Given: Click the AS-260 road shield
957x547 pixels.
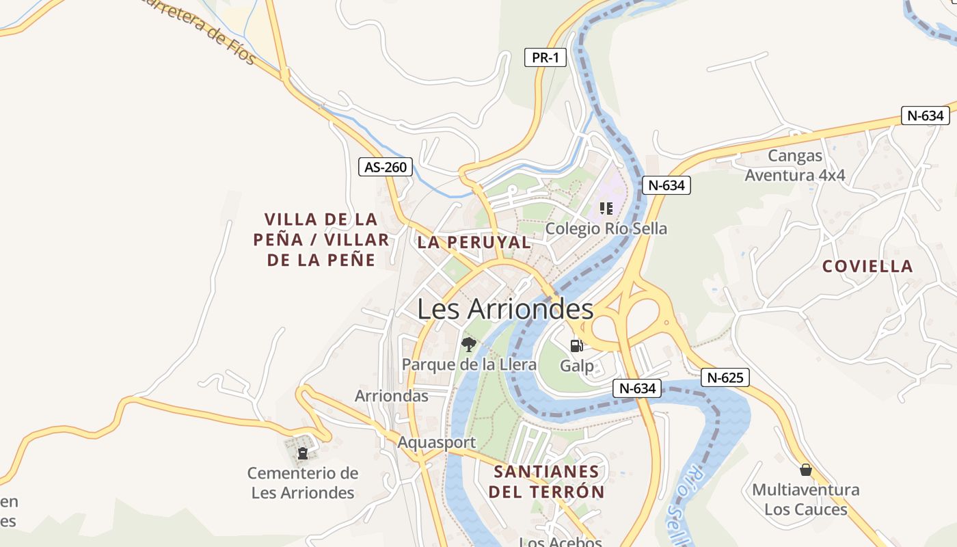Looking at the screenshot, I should (x=386, y=167).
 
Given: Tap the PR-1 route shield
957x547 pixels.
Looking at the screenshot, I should (x=545, y=57).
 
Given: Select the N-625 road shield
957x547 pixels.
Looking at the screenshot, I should (x=725, y=377).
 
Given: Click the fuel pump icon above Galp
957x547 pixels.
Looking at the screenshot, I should (x=577, y=346).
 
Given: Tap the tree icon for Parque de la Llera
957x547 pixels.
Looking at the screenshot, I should (x=468, y=344).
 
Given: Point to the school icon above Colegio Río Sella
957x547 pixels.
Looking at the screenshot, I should (x=606, y=208).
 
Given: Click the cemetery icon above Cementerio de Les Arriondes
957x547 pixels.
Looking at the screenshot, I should (x=302, y=452).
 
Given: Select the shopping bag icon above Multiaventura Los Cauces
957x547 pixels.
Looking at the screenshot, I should (x=806, y=470).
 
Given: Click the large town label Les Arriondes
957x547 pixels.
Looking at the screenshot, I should (x=505, y=309).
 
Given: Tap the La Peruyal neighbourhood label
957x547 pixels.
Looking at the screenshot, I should (x=474, y=242).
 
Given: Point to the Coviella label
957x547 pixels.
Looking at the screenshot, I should (x=867, y=266).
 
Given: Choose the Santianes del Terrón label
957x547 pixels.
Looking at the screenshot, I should (x=546, y=481).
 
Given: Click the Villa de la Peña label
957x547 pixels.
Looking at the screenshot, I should (x=321, y=239).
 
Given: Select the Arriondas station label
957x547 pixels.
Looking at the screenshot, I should (x=392, y=396).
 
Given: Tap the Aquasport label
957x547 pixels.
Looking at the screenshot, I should (x=436, y=442).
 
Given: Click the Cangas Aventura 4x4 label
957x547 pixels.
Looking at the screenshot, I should (x=795, y=165).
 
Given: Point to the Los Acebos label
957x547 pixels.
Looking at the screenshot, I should (x=561, y=542).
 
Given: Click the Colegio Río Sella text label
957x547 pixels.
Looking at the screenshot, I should (x=606, y=228).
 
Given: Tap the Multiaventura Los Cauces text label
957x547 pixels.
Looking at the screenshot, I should (x=806, y=500).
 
